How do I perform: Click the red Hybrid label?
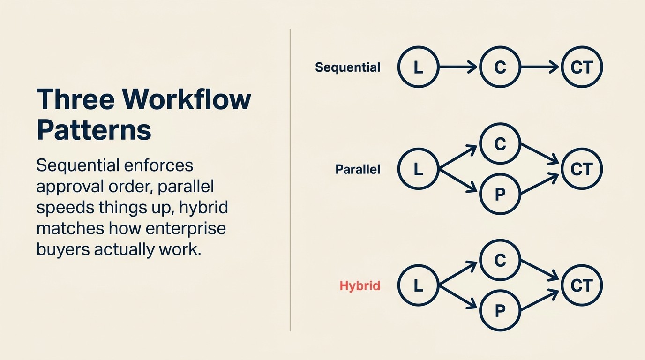click(x=360, y=285)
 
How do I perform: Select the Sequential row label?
click(x=347, y=67)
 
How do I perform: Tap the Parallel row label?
click(x=358, y=169)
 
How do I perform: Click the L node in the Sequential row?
click(x=418, y=67)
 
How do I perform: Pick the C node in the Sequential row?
click(x=500, y=67)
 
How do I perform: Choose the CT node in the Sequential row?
click(x=582, y=67)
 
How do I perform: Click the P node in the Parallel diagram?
click(x=500, y=194)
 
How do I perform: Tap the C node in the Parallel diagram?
click(x=500, y=144)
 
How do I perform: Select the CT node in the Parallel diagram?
click(x=582, y=169)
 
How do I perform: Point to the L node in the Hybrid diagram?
click(x=418, y=285)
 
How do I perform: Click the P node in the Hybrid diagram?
click(x=500, y=310)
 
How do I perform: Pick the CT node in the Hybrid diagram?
click(x=582, y=285)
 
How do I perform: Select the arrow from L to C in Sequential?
click(x=458, y=67)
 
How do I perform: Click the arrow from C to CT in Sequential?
click(x=540, y=67)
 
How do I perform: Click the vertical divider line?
click(x=290, y=187)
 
